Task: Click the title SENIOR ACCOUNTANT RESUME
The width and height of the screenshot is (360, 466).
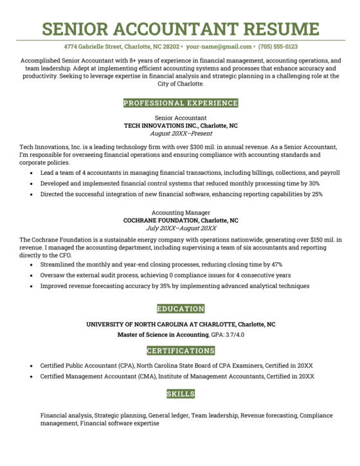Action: pyautogui.click(x=180, y=29)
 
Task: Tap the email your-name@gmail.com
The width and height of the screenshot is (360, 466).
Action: pyautogui.click(x=219, y=47)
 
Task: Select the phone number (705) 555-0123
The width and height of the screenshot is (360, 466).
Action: pyautogui.click(x=278, y=47)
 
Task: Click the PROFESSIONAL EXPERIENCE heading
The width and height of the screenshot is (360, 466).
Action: pyautogui.click(x=180, y=103)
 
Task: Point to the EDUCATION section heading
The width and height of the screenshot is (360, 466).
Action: pyautogui.click(x=180, y=309)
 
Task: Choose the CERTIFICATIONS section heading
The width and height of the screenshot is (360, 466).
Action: pyautogui.click(x=180, y=351)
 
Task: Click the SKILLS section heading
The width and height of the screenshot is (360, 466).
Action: pyautogui.click(x=180, y=393)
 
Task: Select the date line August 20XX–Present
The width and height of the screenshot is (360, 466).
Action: pyautogui.click(x=180, y=134)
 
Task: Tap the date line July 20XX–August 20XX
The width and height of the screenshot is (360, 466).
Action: pyautogui.click(x=180, y=228)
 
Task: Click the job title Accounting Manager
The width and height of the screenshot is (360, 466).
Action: pyautogui.click(x=180, y=212)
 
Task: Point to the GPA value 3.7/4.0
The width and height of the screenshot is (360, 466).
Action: pyautogui.click(x=235, y=336)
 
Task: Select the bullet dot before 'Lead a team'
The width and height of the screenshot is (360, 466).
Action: pyautogui.click(x=32, y=174)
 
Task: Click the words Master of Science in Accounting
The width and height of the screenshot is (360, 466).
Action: pyautogui.click(x=163, y=336)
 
